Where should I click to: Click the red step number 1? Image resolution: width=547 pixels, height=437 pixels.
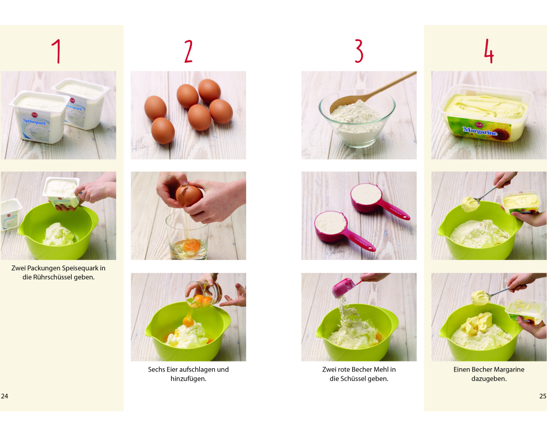click(x=57, y=51)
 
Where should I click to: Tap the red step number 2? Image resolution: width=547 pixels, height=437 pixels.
click(x=188, y=51)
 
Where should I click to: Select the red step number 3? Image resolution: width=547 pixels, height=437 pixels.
click(x=359, y=51)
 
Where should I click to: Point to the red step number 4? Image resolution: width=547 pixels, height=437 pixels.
click(x=488, y=51)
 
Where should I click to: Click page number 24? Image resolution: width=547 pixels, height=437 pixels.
click(x=4, y=396)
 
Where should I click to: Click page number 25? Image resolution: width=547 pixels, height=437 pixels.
click(x=543, y=396)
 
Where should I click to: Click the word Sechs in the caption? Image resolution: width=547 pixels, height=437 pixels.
click(x=155, y=369)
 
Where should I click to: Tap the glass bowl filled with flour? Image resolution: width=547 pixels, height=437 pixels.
click(x=357, y=119)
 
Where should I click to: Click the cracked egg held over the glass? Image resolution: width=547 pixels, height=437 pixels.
click(x=189, y=195)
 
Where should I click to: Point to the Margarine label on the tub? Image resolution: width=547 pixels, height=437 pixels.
click(x=480, y=132)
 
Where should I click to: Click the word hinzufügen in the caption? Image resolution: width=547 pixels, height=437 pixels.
click(x=188, y=379)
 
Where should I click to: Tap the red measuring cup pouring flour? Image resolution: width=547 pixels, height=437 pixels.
click(x=344, y=287)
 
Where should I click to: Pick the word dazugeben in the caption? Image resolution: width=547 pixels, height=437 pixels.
click(x=488, y=379)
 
